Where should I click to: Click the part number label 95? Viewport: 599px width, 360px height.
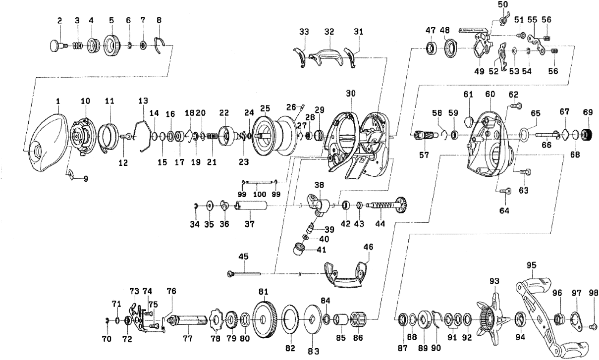(531, 265)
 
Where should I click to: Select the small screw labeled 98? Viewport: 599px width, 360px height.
(594, 327)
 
